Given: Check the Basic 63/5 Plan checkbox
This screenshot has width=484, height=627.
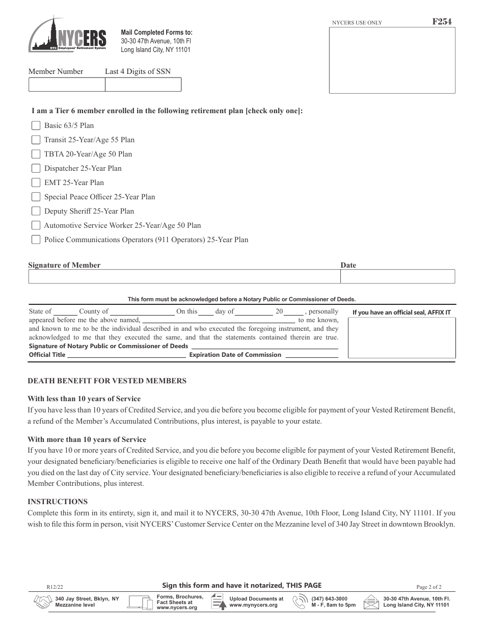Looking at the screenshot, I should pos(36,125).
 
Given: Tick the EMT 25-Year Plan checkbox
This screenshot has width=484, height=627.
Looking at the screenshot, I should pos(36,182).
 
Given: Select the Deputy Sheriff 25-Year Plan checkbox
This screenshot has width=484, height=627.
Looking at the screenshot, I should pos(36,211).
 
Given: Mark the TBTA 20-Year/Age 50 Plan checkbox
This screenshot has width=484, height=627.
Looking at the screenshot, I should pos(36,154).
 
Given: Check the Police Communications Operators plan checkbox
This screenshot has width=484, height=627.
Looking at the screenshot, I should pos(36,240).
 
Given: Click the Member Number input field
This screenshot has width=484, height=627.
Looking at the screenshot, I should pos(66,84).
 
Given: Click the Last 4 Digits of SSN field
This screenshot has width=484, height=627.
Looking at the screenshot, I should pos(143,84).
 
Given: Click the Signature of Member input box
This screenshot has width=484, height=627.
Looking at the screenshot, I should pos(184,276).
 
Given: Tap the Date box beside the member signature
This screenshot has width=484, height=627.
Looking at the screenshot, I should pos(397,276).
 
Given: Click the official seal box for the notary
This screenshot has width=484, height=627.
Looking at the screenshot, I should pos(401,339).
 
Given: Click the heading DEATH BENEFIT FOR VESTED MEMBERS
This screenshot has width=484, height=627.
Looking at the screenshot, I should pos(107,381).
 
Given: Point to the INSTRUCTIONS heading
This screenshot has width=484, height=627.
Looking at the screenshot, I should pos(58,502).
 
